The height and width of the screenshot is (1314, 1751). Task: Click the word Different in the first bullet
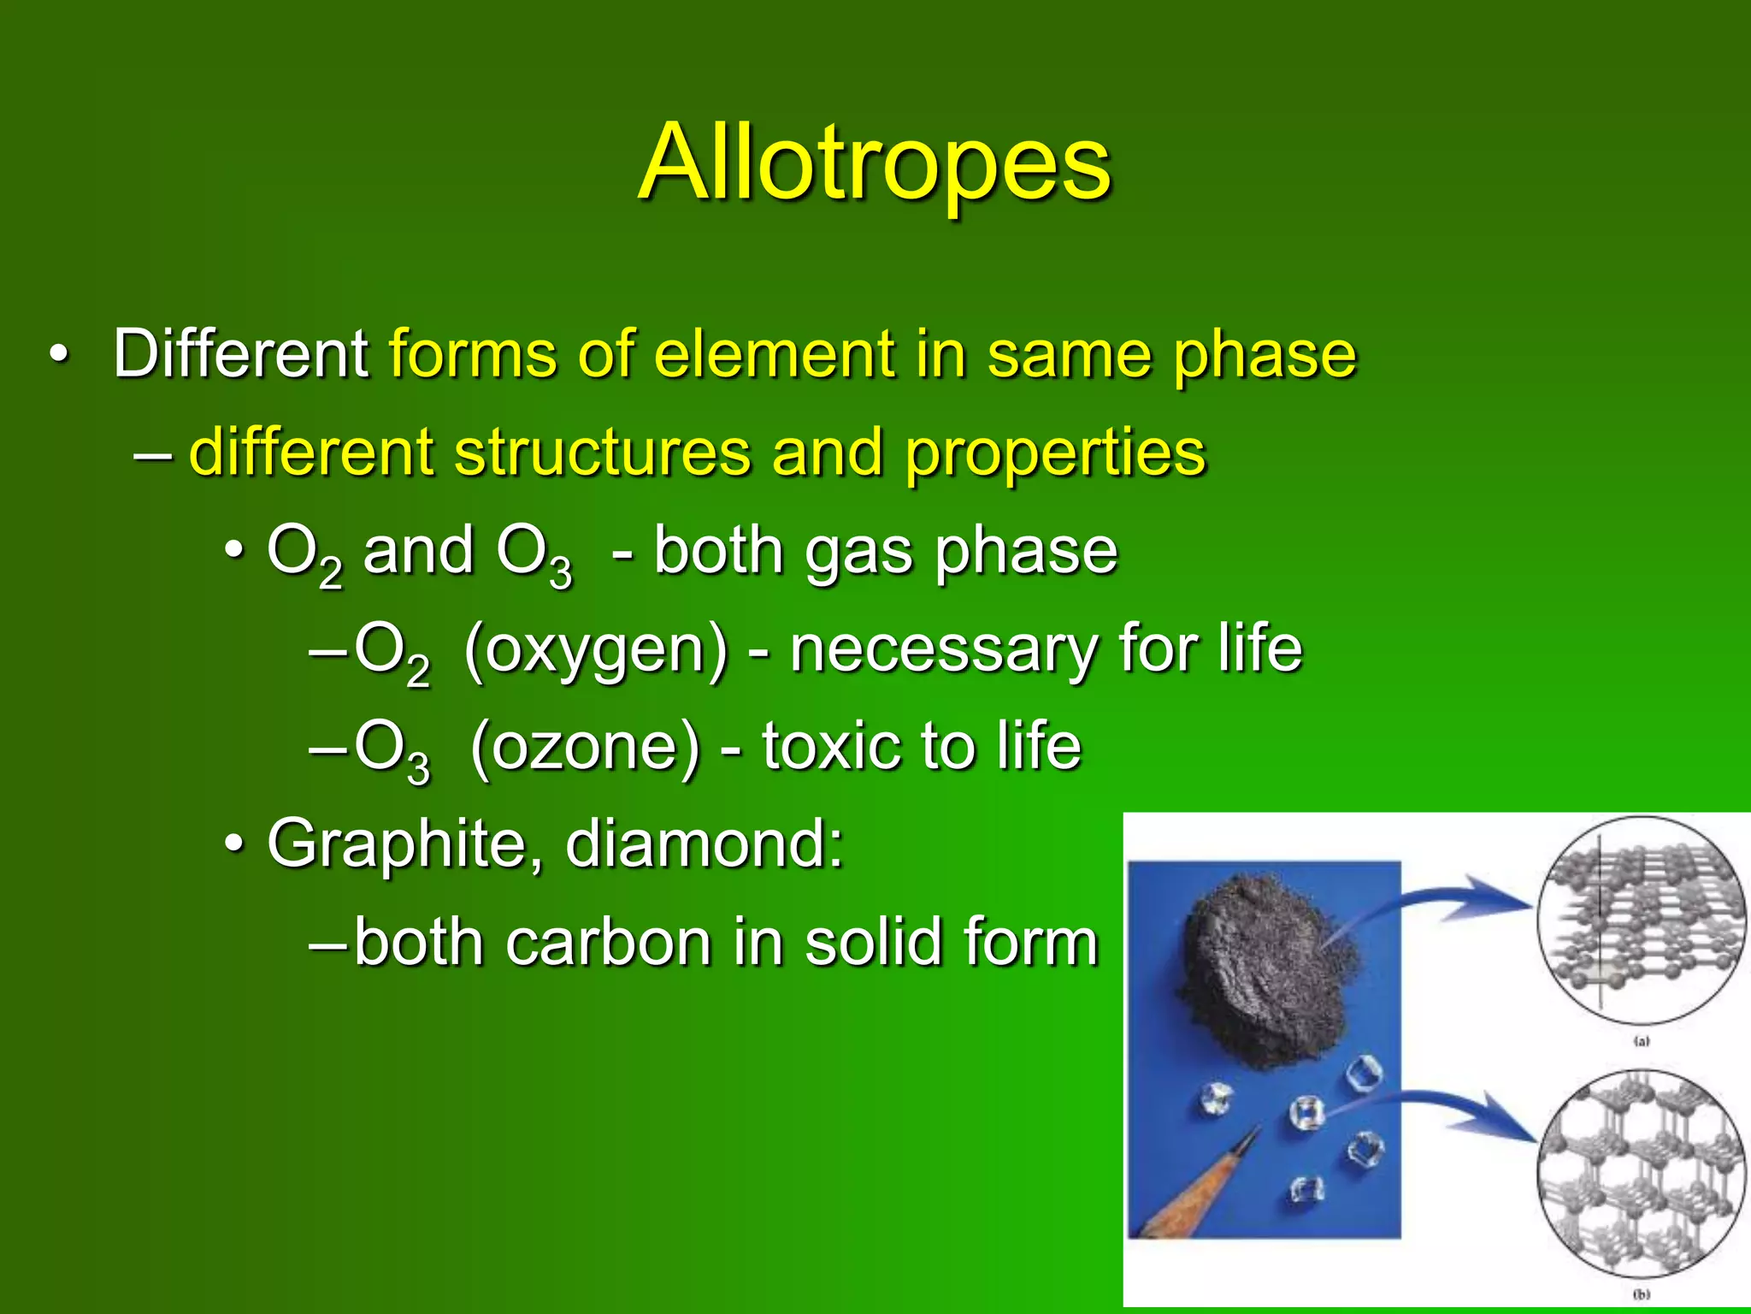click(240, 353)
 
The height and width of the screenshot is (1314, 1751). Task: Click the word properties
click(1055, 453)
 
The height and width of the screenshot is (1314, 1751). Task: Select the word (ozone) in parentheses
click(585, 747)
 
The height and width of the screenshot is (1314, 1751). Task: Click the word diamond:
click(705, 843)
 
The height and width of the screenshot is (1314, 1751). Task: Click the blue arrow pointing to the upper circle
click(1453, 898)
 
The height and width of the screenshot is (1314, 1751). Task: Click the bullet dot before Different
click(57, 354)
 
